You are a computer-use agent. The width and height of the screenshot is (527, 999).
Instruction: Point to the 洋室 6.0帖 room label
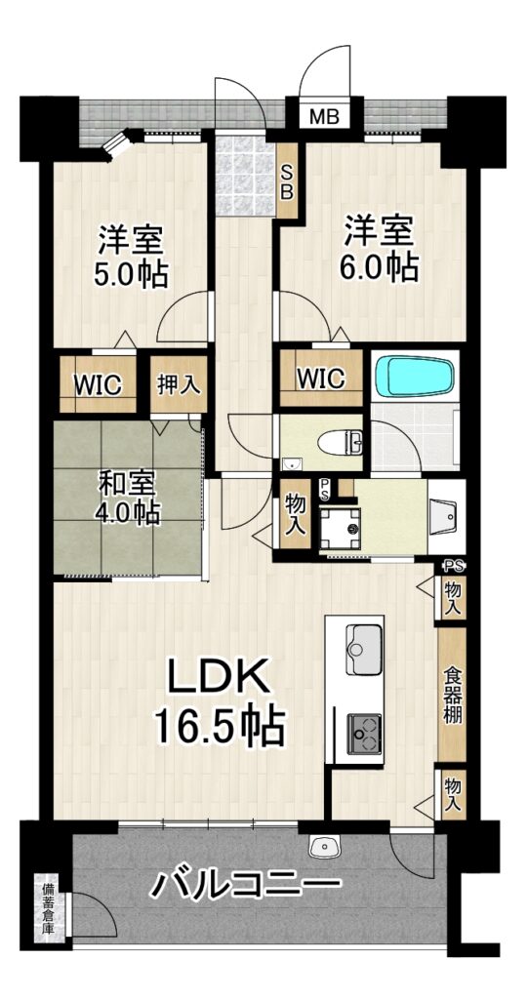[381, 248]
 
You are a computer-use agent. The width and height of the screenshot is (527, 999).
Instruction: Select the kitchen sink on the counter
[364, 649]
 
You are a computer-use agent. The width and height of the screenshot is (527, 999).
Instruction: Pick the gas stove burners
[364, 732]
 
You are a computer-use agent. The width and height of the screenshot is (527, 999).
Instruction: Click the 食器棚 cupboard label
[452, 695]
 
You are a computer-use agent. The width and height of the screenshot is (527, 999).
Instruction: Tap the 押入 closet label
[179, 384]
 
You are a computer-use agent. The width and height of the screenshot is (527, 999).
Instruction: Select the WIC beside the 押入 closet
[98, 384]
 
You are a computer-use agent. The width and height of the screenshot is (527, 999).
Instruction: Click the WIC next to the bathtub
[320, 378]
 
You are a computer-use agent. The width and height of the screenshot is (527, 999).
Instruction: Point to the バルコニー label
[246, 883]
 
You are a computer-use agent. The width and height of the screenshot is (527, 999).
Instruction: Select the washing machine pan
[341, 529]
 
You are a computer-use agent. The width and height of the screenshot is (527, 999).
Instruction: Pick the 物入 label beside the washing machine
[295, 514]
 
